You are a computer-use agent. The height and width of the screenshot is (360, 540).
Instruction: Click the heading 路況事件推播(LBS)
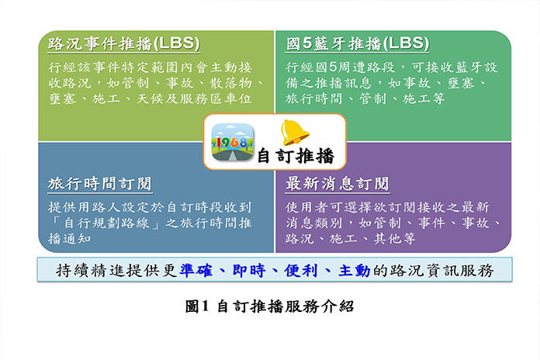pyautogui.click(x=123, y=43)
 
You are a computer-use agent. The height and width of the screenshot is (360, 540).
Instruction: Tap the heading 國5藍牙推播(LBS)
pyautogui.click(x=358, y=43)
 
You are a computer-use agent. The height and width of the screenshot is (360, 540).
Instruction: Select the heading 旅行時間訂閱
pyautogui.click(x=100, y=184)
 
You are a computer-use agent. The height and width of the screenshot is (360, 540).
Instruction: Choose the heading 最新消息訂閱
pyautogui.click(x=337, y=184)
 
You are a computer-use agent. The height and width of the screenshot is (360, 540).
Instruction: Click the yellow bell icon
pyautogui.click(x=294, y=133)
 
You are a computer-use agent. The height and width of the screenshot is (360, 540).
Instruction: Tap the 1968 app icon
pyautogui.click(x=233, y=142)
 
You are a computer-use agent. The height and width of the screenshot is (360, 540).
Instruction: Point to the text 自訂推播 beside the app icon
pyautogui.click(x=296, y=156)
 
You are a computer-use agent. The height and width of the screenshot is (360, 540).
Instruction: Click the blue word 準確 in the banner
pyautogui.click(x=196, y=271)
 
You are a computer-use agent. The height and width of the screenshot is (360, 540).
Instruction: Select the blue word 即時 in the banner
pyautogui.click(x=249, y=271)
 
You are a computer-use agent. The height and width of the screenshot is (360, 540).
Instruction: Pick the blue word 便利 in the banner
pyautogui.click(x=301, y=271)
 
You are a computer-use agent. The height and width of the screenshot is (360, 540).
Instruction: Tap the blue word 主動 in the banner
pyautogui.click(x=355, y=271)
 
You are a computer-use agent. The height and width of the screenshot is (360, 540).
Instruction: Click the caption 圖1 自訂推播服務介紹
pyautogui.click(x=269, y=306)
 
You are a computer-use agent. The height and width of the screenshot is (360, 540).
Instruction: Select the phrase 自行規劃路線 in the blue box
pyautogui.click(x=107, y=223)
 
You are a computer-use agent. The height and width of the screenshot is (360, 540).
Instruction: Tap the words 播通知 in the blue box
pyautogui.click(x=70, y=239)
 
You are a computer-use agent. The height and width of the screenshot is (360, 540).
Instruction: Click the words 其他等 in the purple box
pyautogui.click(x=395, y=239)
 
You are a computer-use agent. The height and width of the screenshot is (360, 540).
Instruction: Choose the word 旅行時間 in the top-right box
pyautogui.click(x=314, y=99)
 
